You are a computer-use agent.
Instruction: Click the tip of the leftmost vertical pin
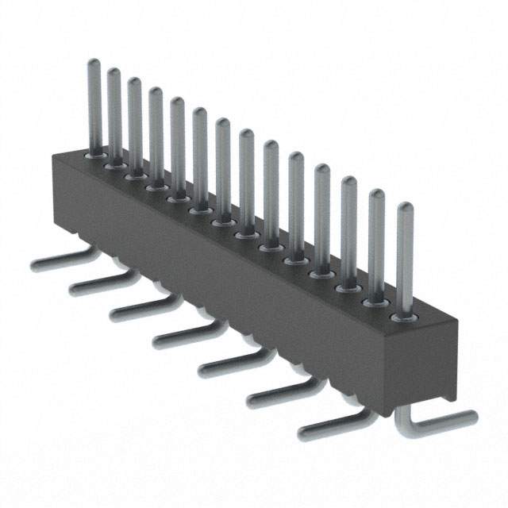pos(94,63)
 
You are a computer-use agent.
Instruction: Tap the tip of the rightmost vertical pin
pos(405,209)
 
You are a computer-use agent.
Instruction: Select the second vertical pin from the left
pos(114,111)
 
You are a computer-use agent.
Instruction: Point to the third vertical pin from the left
pos(134,119)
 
